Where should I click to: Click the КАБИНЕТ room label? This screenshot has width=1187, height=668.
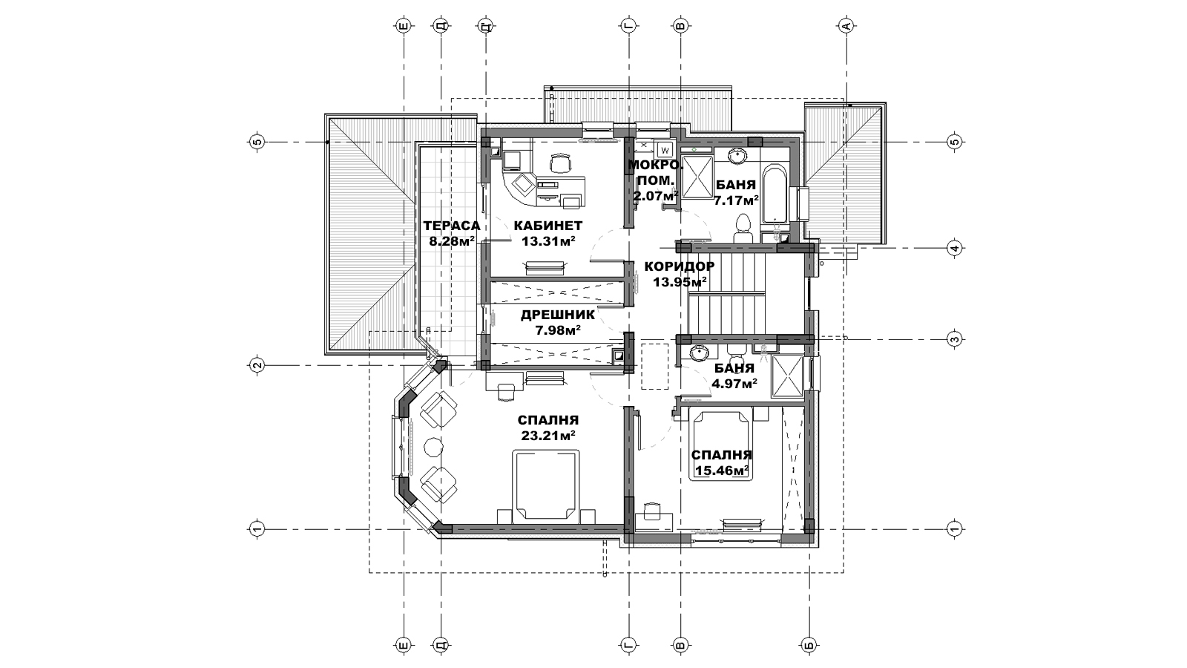tap(548, 226)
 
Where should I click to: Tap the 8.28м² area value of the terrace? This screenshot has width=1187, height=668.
tap(452, 241)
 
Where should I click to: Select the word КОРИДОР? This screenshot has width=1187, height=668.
tap(680, 266)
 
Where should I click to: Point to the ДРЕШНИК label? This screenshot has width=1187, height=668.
tap(557, 315)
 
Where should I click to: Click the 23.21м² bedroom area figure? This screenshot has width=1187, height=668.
tap(548, 435)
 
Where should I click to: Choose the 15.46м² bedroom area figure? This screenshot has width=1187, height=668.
tap(720, 471)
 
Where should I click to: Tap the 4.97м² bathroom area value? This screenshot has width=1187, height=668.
tap(734, 383)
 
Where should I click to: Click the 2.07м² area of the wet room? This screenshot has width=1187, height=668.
tap(656, 196)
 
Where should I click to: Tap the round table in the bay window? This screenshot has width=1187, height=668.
tap(433, 446)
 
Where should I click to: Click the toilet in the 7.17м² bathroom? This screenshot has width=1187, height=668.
tap(743, 229)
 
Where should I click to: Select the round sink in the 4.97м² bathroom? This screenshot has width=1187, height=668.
tap(700, 353)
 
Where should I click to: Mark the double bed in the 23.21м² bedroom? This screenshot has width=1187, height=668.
tap(545, 485)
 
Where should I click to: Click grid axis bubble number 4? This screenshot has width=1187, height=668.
tap(954, 248)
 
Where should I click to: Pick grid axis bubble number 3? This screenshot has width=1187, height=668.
tap(954, 338)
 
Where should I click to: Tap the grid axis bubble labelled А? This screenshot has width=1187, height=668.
tap(846, 25)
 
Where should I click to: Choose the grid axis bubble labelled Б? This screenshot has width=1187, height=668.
tap(808, 645)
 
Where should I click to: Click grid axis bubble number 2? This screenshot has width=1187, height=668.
tap(257, 365)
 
